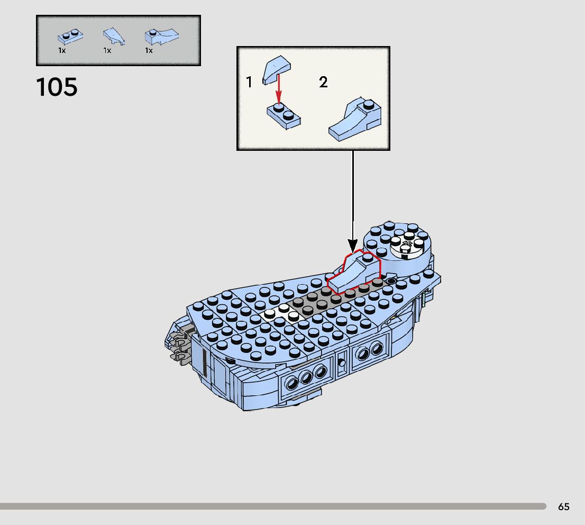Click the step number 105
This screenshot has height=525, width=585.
point(57,87)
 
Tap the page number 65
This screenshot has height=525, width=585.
point(563,506)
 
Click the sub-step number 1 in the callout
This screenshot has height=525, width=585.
point(249,82)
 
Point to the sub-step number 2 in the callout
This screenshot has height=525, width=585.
point(323,82)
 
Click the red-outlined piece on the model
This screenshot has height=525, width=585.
point(353,273)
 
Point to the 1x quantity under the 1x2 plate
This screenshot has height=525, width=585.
point(62,51)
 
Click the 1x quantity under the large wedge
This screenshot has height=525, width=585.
point(149,51)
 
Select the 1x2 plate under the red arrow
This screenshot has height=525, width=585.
point(284,114)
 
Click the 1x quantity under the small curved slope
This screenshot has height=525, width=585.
point(107,51)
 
